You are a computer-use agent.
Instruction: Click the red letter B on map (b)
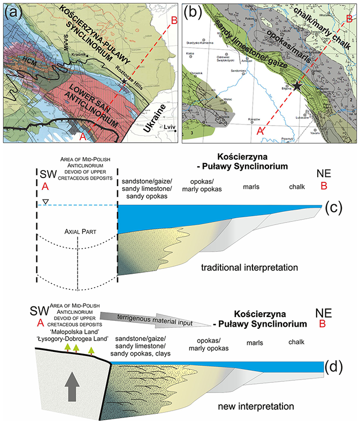coord(348,19)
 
